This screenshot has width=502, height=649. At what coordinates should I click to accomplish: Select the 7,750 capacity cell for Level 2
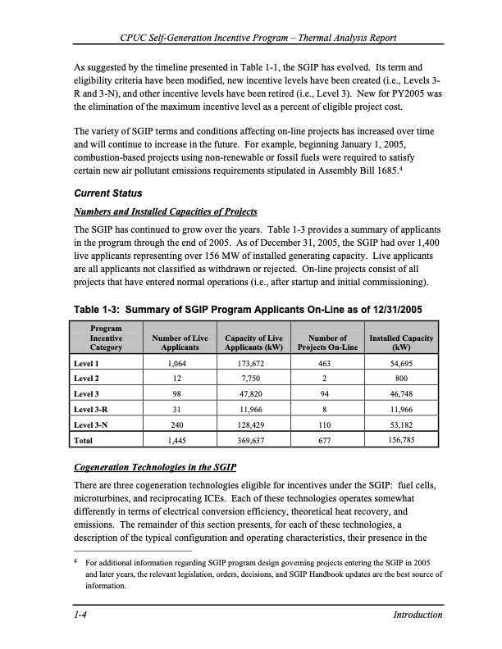[253, 379]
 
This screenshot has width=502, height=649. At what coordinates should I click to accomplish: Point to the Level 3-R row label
[91, 409]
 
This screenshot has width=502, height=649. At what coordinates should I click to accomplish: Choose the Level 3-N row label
[91, 424]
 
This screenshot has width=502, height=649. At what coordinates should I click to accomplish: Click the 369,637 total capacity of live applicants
[253, 440]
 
